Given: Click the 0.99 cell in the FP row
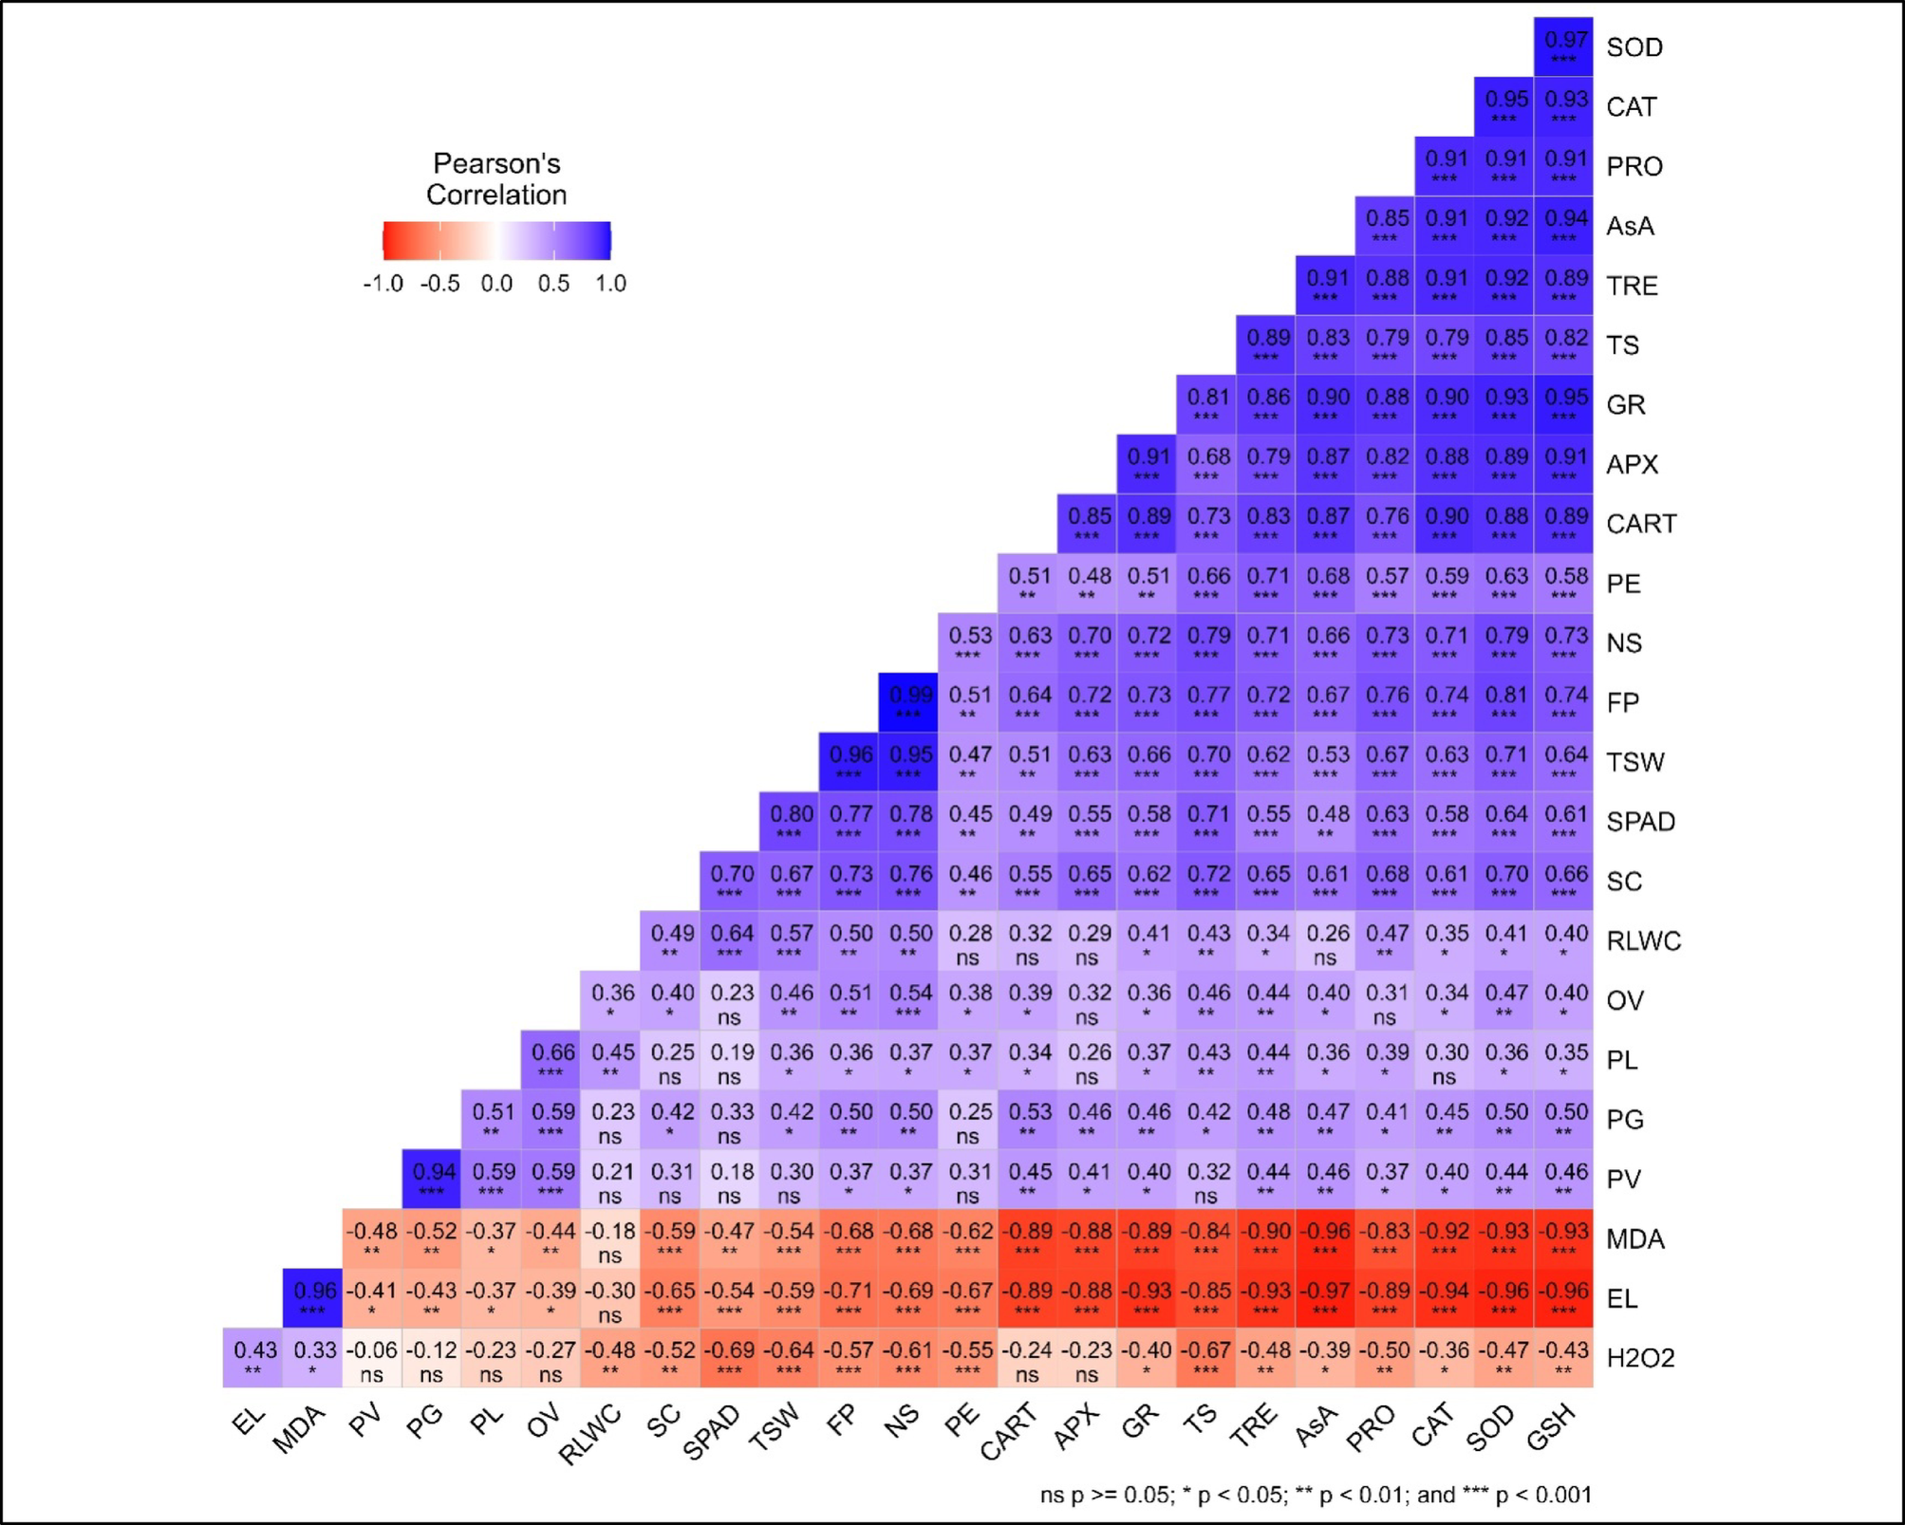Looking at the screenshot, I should [908, 702].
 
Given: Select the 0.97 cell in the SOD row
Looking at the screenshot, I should [1563, 46].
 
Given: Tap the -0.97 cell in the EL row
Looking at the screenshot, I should [1325, 1297].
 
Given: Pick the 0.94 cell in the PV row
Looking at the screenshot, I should [432, 1179].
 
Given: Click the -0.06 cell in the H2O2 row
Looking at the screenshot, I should [372, 1358].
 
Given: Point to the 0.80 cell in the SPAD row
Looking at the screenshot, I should [790, 821].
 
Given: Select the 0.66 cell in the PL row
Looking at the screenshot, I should [551, 1059].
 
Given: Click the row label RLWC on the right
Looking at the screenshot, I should [1643, 940].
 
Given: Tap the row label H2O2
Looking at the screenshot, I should [1640, 1358].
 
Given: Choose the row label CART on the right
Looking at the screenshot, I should [1641, 524].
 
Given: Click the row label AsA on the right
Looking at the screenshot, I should [1630, 226].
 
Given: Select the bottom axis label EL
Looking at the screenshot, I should [249, 1421].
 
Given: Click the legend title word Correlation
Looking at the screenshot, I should [495, 195].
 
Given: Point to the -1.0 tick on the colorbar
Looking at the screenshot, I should [383, 284].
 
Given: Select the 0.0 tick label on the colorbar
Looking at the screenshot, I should [495, 284].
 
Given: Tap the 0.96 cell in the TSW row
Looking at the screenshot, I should [850, 762].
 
